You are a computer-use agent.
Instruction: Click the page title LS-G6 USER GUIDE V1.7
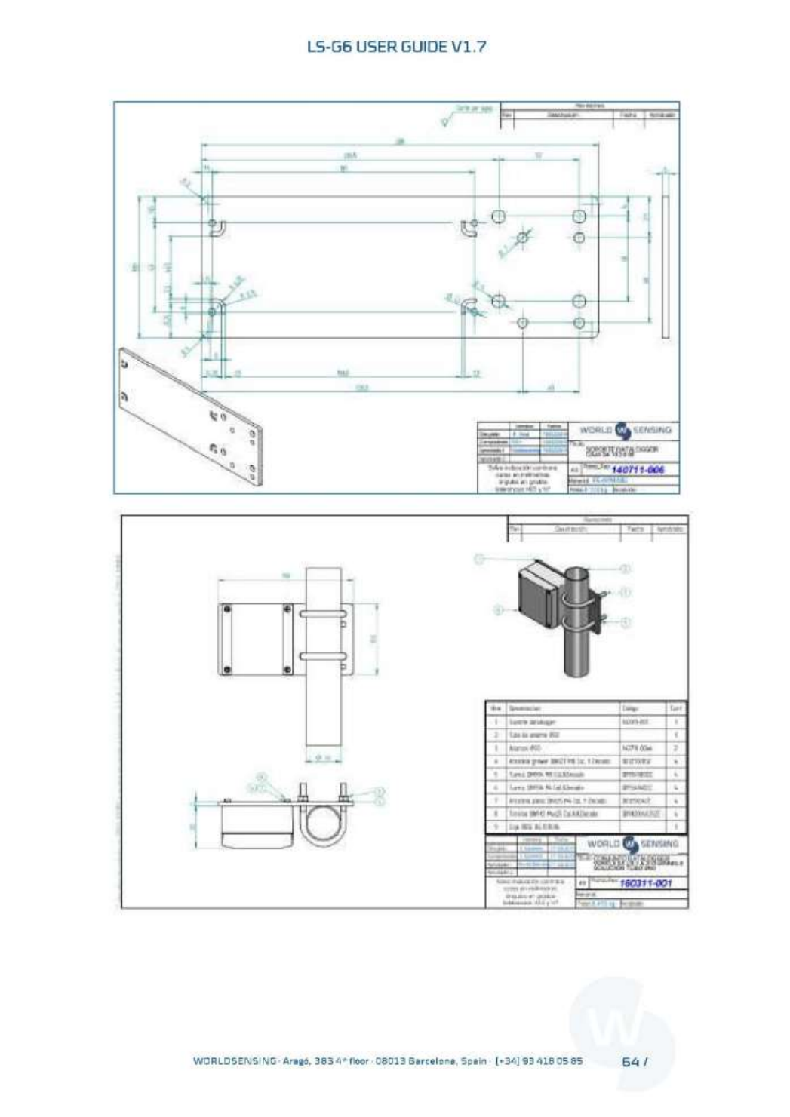pos(396,47)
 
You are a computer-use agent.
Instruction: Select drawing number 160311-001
pos(645,882)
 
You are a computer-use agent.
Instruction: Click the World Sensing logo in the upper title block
pos(624,430)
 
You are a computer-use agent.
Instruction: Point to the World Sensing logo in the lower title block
pos(632,844)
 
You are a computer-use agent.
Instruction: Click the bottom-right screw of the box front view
pos(287,669)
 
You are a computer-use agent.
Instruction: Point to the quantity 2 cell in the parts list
pos(677,747)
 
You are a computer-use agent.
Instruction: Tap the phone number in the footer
pos(538,1061)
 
